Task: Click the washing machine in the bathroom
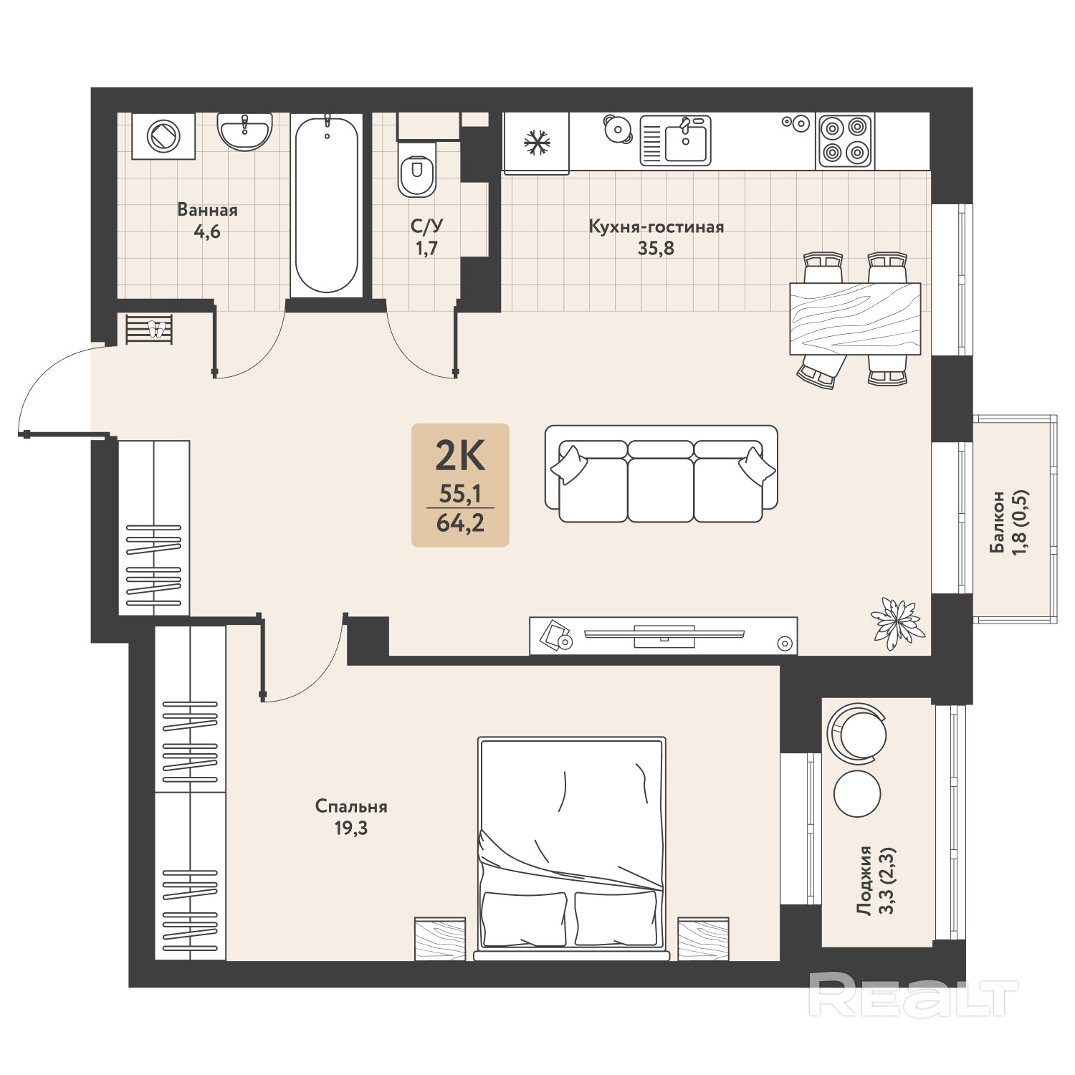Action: click(163, 135)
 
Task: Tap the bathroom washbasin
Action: click(245, 131)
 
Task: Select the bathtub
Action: click(326, 205)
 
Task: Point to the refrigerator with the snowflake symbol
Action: click(537, 143)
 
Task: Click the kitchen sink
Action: click(675, 140)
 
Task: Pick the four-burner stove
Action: click(845, 140)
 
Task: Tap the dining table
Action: click(855, 319)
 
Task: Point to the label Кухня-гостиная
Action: click(656, 227)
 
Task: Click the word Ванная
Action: click(207, 210)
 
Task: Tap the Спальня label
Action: click(351, 806)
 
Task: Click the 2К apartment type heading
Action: click(460, 455)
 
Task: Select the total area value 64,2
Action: click(460, 523)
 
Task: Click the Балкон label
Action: click(997, 522)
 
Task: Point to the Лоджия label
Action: click(865, 880)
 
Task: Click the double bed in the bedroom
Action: click(572, 848)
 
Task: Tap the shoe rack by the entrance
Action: click(149, 329)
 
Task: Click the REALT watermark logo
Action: click(913, 995)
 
